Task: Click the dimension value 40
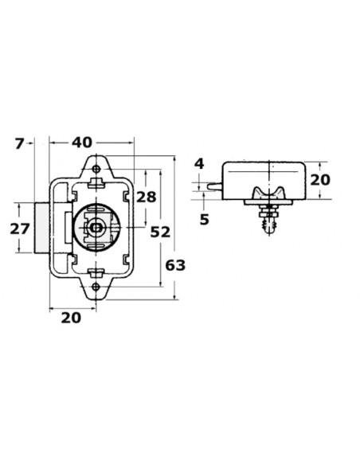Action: click(82, 143)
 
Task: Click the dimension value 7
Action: click(19, 144)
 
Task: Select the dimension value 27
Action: click(20, 229)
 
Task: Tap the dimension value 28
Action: click(146, 197)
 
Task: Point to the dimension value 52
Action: click(160, 232)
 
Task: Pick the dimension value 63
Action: click(175, 265)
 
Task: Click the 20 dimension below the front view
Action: click(71, 318)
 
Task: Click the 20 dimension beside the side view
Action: click(320, 180)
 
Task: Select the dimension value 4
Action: click(200, 164)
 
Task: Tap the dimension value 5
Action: click(205, 220)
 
